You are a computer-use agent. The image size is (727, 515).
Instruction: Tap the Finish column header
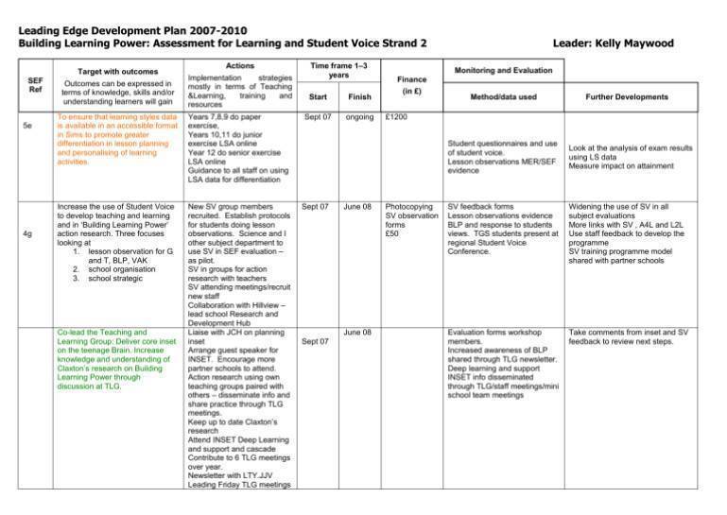pos(358,96)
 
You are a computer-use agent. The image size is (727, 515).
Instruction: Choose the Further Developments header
pos(625,96)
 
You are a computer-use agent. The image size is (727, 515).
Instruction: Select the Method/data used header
pos(504,96)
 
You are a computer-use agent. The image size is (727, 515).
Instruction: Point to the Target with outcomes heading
pos(115,71)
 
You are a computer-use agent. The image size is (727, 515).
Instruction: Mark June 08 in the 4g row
pos(358,205)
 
